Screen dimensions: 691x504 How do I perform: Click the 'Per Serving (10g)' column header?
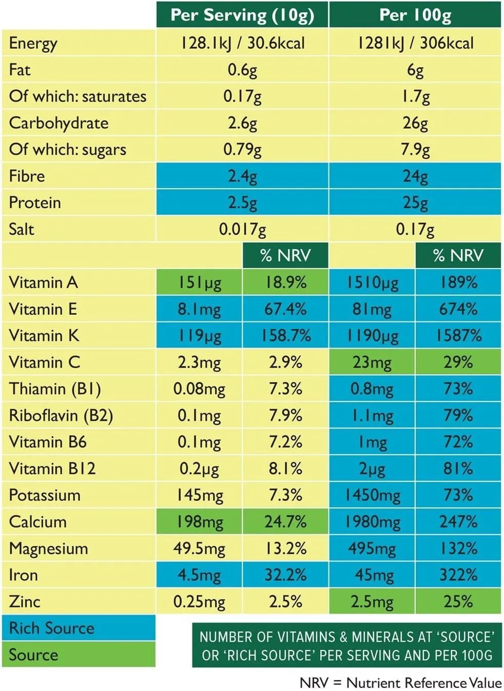click(x=242, y=15)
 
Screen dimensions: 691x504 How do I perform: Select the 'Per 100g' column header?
click(x=415, y=15)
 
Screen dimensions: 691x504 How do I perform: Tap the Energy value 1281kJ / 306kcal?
click(x=415, y=43)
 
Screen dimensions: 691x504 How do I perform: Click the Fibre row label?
click(x=27, y=176)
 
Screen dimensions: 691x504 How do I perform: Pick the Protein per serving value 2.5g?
click(x=242, y=202)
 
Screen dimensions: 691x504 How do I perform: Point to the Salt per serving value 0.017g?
click(x=242, y=229)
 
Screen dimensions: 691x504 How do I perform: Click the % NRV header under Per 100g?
click(x=458, y=255)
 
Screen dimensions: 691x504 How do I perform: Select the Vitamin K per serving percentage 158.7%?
click(x=285, y=335)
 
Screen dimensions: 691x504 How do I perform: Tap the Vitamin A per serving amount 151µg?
click(x=199, y=282)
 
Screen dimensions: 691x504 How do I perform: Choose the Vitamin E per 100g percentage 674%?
click(x=458, y=309)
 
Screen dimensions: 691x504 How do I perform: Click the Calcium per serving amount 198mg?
click(x=199, y=522)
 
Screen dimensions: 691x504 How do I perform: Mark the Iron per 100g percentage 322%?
click(x=458, y=575)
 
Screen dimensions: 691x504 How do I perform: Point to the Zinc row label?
click(x=25, y=601)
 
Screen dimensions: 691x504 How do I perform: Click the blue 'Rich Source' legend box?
click(x=79, y=628)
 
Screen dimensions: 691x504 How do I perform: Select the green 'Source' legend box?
click(x=79, y=655)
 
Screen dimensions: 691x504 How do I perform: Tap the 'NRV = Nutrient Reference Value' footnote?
click(x=400, y=683)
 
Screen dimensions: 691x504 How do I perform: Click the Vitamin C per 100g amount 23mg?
click(x=372, y=362)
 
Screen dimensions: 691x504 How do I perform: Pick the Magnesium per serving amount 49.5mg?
click(x=199, y=548)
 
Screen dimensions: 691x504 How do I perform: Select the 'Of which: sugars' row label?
click(x=67, y=149)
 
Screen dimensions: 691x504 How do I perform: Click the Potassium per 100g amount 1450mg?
click(x=372, y=495)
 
